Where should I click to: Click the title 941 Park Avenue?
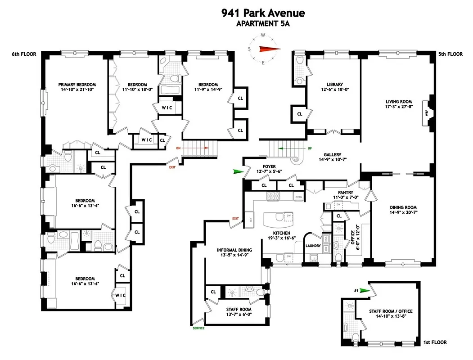pos(263,13)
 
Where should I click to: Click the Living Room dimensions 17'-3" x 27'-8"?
pos(399,107)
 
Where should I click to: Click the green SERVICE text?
pos(198,328)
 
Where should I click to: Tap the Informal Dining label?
pos(234,250)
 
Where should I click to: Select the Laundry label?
pos(313,246)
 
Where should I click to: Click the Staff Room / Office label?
pos(391,311)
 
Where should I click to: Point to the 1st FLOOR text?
pos(435,342)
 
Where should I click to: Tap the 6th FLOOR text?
pos(24,54)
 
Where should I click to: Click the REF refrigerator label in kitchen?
pos(251,220)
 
